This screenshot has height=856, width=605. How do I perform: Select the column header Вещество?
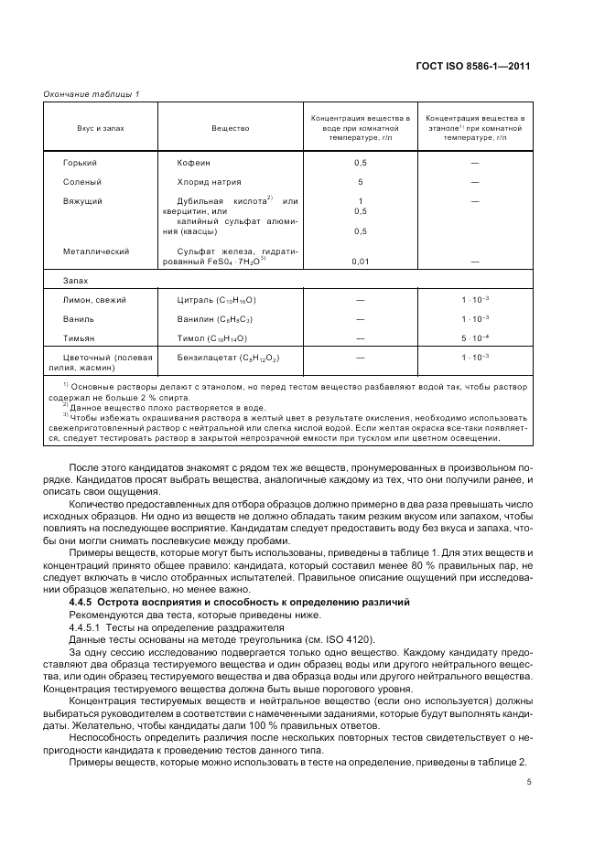pos(230,128)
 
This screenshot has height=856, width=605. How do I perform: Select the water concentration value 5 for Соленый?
pos(361,181)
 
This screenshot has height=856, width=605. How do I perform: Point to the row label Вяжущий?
pos(82,200)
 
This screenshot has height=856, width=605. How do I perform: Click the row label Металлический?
pos(94,251)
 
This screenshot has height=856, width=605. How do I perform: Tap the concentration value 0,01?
pos(361,262)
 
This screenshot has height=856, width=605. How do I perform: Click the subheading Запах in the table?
pos(75,281)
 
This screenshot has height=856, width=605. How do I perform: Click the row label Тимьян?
pos(79,338)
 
